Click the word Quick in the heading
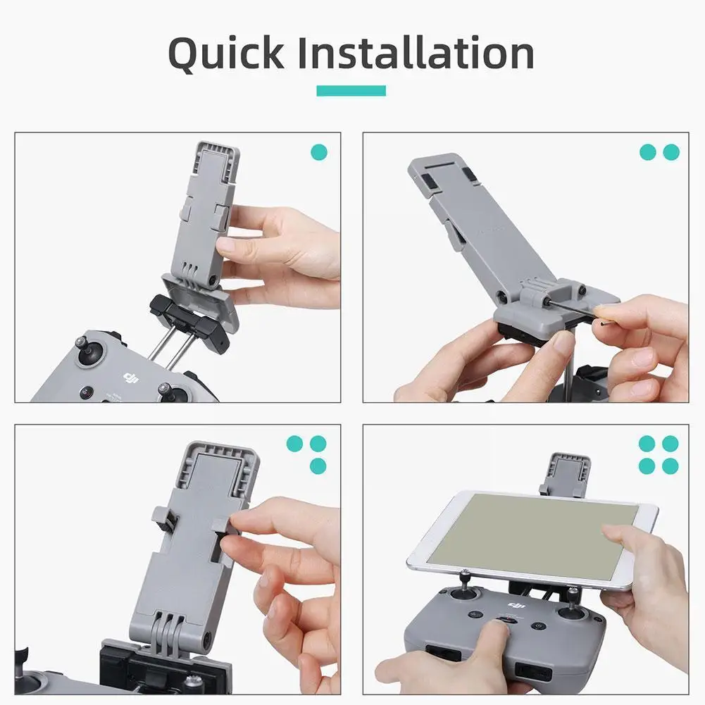tap(226, 54)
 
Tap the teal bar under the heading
tap(351, 90)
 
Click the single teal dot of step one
tap(319, 152)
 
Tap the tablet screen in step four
tap(532, 535)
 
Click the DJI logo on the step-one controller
tap(131, 378)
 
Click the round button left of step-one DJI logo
tap(87, 393)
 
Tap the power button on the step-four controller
tap(539, 625)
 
